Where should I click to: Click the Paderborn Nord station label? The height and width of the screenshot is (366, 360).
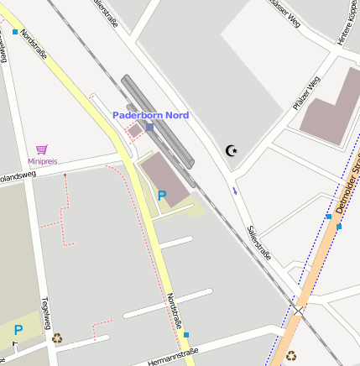(x=151, y=115)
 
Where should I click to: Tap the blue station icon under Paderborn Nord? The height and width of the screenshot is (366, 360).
(x=149, y=127)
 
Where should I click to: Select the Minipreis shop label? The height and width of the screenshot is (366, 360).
(x=42, y=160)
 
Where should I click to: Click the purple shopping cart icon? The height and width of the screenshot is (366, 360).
(x=42, y=149)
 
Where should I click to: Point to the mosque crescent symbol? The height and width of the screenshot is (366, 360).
(x=232, y=150)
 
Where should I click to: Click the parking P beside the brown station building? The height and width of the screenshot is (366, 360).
(x=163, y=196)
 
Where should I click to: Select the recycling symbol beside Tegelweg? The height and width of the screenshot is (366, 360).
(x=57, y=338)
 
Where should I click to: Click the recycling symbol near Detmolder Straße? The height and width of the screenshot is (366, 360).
(x=291, y=356)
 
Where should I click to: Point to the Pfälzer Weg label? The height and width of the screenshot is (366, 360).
(x=306, y=93)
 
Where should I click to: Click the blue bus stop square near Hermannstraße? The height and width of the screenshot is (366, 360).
(x=186, y=335)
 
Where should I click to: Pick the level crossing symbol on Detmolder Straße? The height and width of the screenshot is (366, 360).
(x=298, y=311)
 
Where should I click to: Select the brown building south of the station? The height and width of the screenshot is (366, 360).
(x=163, y=177)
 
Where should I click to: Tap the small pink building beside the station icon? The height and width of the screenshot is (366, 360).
(x=135, y=132)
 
